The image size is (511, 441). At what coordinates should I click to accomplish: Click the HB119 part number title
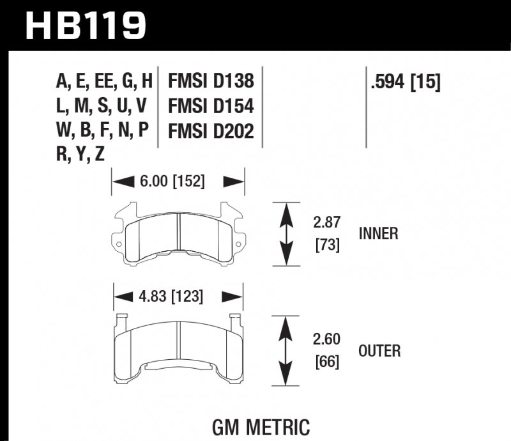click(86, 26)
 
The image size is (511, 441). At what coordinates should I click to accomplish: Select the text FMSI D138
click(211, 81)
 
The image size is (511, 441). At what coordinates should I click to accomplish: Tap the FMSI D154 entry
click(211, 105)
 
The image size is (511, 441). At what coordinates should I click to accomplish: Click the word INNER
click(379, 233)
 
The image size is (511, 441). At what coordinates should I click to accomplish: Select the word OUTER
click(379, 350)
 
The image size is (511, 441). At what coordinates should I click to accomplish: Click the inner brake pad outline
click(178, 235)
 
